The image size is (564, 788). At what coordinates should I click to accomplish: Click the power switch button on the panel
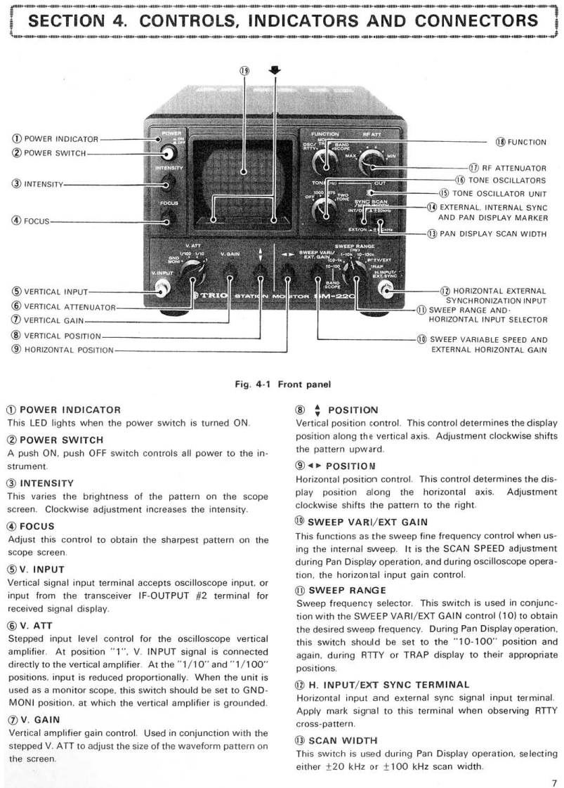(169, 155)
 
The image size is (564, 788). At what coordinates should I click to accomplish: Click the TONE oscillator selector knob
(324, 207)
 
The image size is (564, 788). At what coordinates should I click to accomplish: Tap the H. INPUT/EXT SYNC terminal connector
(386, 287)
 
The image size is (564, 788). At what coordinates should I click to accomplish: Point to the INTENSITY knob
(167, 185)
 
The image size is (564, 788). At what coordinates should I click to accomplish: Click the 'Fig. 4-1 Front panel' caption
(282, 384)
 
